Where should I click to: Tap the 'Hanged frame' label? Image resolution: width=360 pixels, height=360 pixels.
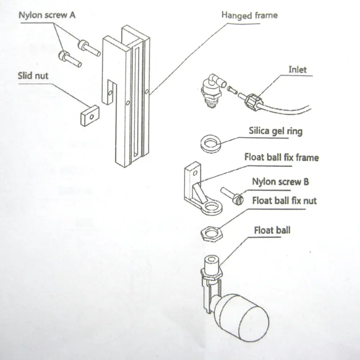[249, 15]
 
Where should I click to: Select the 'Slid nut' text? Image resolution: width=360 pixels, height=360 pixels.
[33, 76]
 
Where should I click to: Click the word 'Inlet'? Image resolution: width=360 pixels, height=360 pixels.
[297, 69]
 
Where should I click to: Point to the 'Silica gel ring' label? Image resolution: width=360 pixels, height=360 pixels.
[275, 131]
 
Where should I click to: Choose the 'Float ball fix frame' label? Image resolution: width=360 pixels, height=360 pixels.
[282, 157]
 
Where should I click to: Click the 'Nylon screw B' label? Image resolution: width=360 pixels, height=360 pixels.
[280, 182]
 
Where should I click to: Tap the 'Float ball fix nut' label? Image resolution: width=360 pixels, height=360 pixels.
[284, 201]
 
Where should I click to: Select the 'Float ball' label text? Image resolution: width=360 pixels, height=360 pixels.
[272, 230]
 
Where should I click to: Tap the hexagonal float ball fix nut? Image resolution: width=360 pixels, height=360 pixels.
[210, 234]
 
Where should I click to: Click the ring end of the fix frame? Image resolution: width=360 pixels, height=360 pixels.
[211, 207]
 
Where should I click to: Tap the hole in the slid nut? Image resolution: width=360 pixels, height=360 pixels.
[92, 116]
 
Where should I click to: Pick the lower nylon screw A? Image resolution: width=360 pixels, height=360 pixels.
[69, 59]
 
